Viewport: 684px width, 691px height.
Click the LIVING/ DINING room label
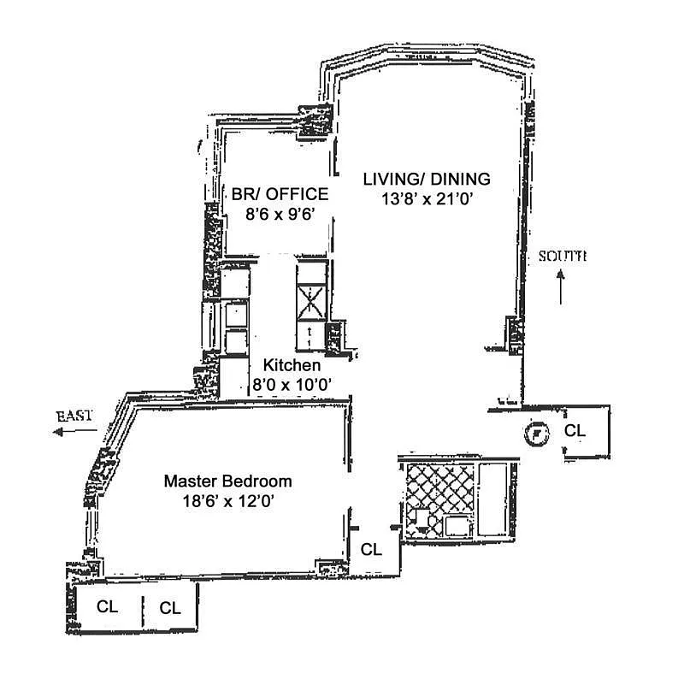pyautogui.click(x=427, y=180)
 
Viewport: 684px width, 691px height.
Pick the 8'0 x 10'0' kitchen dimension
pyautogui.click(x=292, y=385)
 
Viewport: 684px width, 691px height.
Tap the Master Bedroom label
pyautogui.click(x=227, y=481)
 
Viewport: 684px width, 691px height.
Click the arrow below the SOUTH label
pyautogui.click(x=561, y=288)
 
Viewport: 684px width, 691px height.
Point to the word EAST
pyautogui.click(x=74, y=416)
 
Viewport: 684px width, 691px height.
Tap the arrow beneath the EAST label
pyautogui.click(x=72, y=433)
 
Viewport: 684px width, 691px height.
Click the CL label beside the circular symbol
pyautogui.click(x=575, y=431)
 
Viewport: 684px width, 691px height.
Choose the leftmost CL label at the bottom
pyautogui.click(x=107, y=607)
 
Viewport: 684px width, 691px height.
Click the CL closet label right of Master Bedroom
pyautogui.click(x=370, y=550)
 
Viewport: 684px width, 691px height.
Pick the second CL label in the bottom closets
pyautogui.click(x=170, y=608)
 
